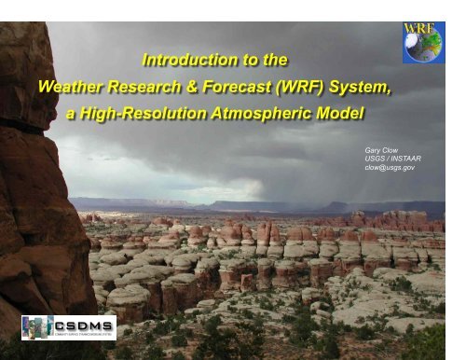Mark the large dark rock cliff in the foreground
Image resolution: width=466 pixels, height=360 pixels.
(37, 187)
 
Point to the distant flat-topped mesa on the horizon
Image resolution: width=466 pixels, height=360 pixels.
(121, 201)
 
